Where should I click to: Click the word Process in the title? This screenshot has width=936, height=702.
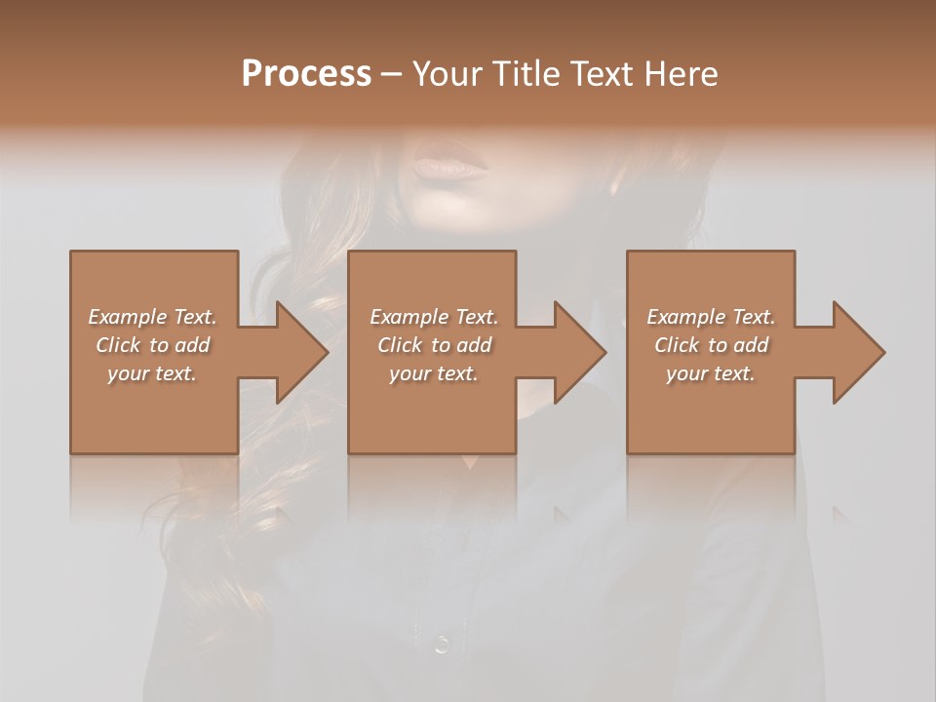point(306,74)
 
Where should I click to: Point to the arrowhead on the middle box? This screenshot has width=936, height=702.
point(579,352)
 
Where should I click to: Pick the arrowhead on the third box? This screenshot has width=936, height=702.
point(858,352)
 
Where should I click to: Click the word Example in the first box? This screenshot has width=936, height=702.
point(127,317)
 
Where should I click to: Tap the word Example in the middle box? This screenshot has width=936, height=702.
point(409,317)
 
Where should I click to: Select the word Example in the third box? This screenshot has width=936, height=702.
point(685,317)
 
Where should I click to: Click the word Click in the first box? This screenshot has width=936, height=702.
point(118,345)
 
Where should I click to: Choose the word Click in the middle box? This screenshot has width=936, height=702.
point(400,345)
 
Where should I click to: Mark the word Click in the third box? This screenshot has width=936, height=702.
point(677,345)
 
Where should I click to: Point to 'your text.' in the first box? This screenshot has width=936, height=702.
point(152,373)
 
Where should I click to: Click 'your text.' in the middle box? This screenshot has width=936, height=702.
point(434,373)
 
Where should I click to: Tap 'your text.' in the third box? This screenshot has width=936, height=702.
point(711,373)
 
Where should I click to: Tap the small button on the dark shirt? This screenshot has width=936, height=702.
point(442,643)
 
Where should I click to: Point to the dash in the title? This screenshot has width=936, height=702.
point(392,75)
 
